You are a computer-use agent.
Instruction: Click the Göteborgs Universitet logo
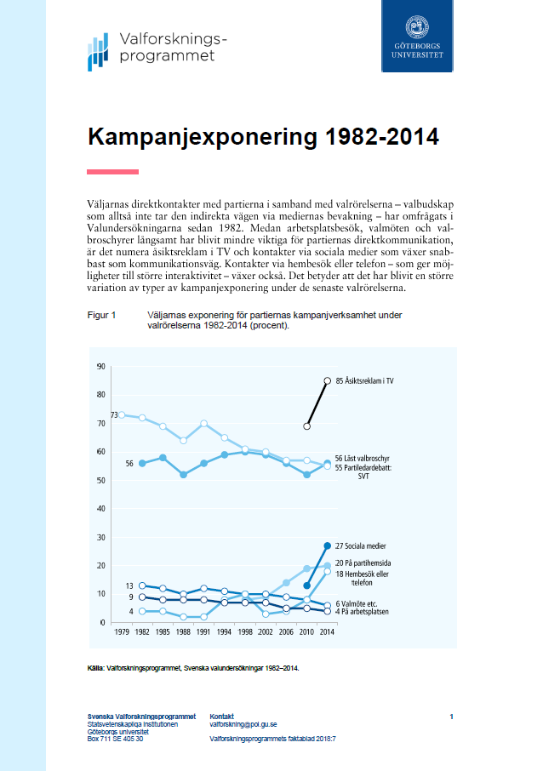click(x=418, y=35)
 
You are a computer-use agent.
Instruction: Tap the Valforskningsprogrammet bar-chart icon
click(x=99, y=52)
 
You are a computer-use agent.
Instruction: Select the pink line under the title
click(x=112, y=172)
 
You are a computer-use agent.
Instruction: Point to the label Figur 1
click(x=102, y=315)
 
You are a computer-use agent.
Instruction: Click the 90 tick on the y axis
click(x=100, y=367)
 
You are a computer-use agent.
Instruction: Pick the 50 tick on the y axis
click(x=100, y=481)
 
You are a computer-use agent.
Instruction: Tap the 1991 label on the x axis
click(x=203, y=633)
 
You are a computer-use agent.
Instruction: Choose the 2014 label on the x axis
click(x=327, y=633)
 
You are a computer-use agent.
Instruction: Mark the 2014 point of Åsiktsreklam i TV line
click(x=327, y=380)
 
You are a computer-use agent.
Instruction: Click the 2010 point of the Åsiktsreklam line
click(x=307, y=425)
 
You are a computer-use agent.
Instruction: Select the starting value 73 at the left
click(x=114, y=415)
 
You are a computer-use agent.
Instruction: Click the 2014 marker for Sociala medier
click(x=327, y=545)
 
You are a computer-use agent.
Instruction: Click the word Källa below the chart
click(x=97, y=668)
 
